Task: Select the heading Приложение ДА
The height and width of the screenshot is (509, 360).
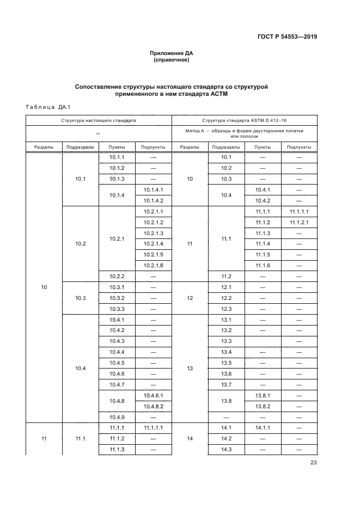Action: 172,53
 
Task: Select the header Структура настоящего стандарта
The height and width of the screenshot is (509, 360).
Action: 99,120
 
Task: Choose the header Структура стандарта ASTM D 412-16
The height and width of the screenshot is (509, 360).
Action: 244,120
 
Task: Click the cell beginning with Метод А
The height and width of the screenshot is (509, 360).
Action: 244,133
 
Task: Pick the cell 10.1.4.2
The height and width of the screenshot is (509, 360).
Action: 153,200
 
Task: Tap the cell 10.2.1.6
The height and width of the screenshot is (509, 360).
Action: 153,265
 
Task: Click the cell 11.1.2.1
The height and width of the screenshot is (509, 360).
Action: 298,222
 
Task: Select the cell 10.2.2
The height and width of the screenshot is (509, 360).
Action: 117,276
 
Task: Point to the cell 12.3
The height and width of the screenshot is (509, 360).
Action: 227,309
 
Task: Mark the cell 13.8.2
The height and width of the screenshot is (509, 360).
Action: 263,406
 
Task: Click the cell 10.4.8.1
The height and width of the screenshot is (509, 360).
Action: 153,395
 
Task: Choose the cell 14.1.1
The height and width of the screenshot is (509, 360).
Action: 263,428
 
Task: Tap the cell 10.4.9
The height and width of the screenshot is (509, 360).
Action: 117,417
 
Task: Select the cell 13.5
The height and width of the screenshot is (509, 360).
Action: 227,363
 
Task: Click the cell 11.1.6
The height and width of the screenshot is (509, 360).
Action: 263,265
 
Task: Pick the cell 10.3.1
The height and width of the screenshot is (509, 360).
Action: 117,287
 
